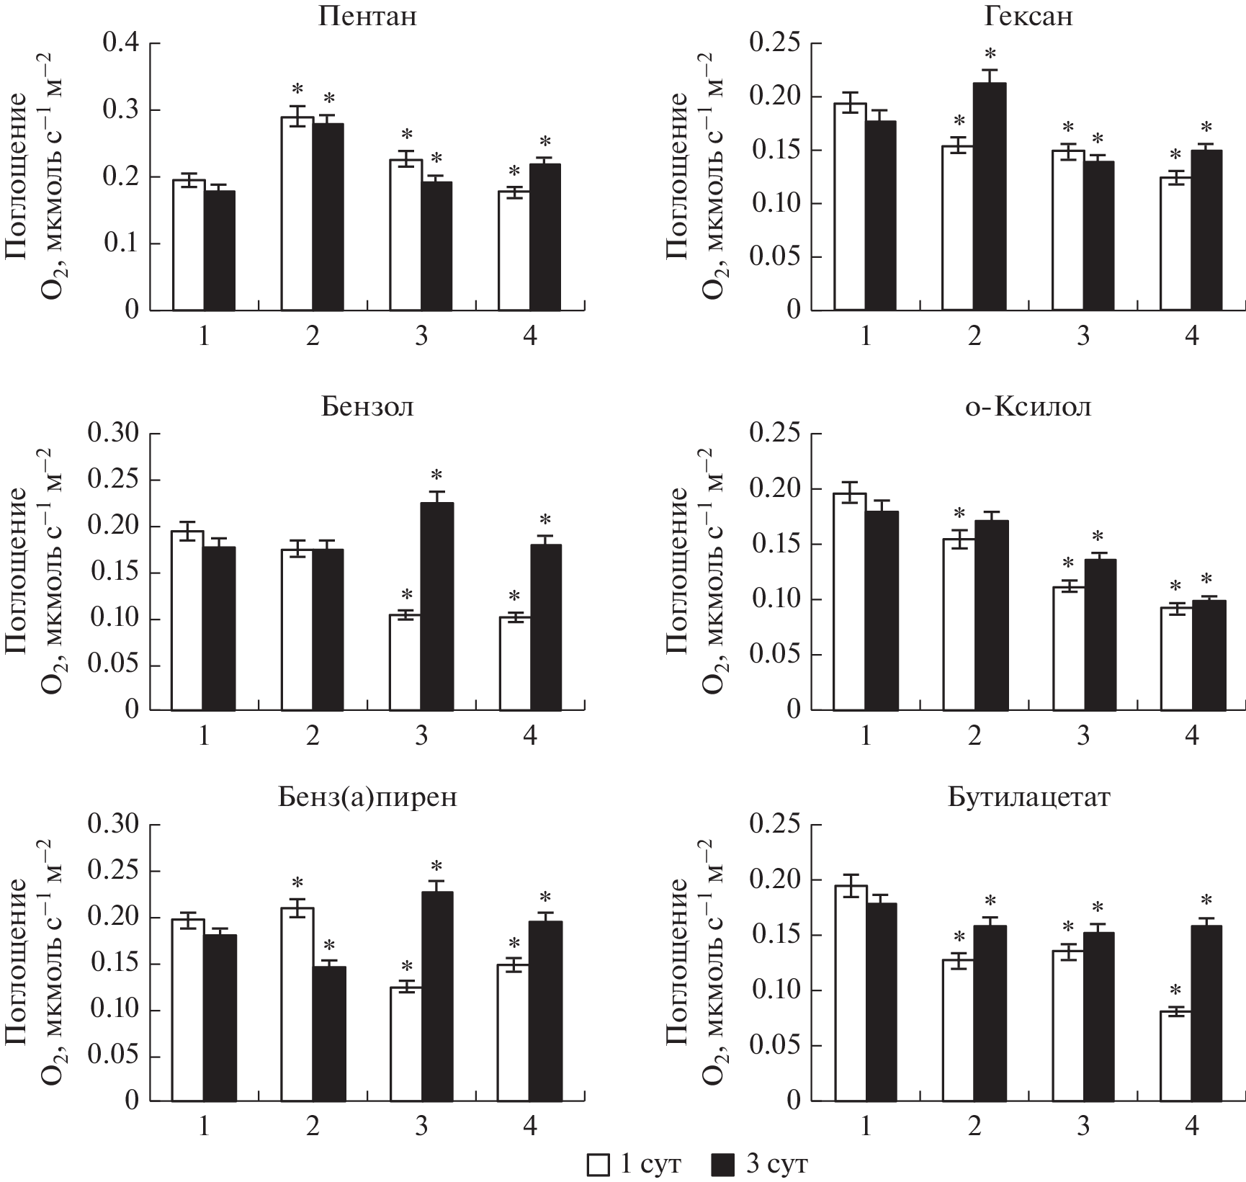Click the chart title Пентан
[367, 17]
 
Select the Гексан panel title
[1028, 17]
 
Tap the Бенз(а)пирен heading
[367, 798]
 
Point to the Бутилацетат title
[1028, 798]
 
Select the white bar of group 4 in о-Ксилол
[1176, 659]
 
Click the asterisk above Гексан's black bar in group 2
[990, 54]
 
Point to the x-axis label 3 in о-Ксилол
[1083, 735]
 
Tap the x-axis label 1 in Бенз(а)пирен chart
[205, 1127]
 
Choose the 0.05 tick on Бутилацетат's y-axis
[775, 1045]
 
